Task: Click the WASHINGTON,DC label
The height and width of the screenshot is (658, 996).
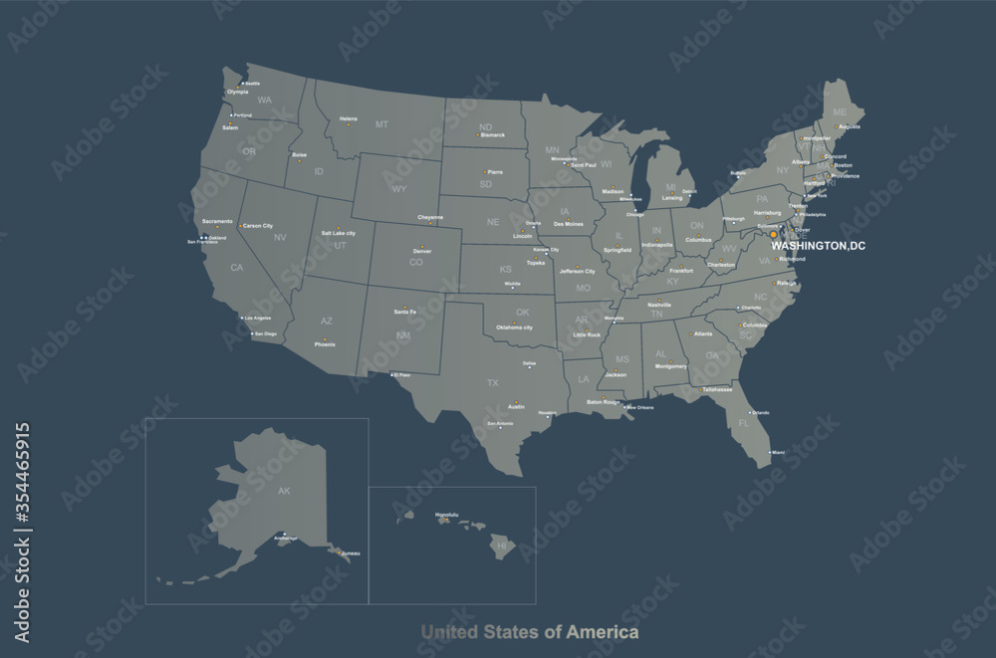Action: (819, 245)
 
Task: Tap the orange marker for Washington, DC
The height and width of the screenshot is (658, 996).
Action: (773, 235)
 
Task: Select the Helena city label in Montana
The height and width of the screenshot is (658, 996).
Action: (348, 118)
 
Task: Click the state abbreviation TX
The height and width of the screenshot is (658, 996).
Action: (492, 382)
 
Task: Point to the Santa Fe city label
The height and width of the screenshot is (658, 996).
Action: (404, 312)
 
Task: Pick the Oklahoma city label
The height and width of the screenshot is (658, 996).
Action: (514, 328)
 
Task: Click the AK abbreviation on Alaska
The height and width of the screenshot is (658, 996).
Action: (284, 491)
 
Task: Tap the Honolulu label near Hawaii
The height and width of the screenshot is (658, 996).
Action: (447, 515)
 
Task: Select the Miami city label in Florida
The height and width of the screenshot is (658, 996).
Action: (778, 452)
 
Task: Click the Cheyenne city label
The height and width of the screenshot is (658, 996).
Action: (430, 218)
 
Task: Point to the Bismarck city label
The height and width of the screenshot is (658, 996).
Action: (492, 134)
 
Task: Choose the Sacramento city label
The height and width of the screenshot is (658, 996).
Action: (217, 220)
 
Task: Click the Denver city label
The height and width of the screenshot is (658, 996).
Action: (422, 251)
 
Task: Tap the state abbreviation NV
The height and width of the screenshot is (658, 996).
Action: (280, 237)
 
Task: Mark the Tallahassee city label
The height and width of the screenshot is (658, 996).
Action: (717, 389)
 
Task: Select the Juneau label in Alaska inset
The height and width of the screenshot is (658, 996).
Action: (350, 552)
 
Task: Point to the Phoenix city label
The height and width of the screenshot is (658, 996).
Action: (325, 343)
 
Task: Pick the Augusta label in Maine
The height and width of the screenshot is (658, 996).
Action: (850, 126)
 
